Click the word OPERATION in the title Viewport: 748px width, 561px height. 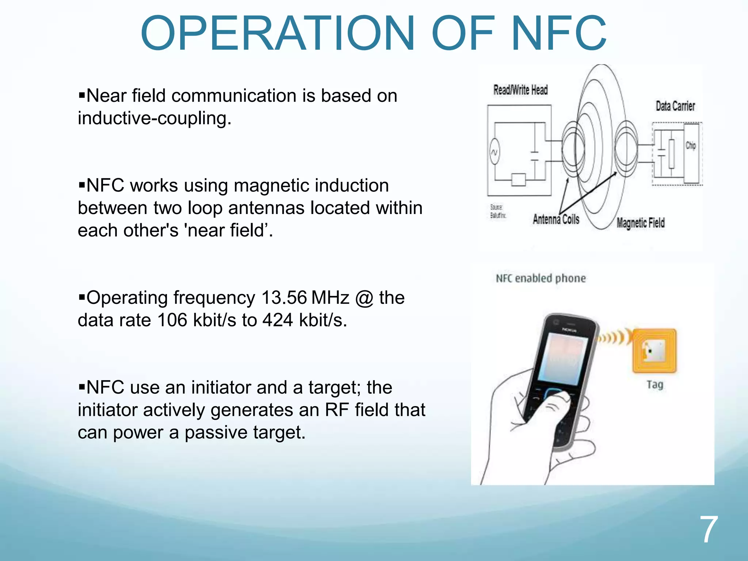tap(278, 34)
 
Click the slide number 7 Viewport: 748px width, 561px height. tap(709, 530)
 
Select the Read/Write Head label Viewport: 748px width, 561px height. tap(520, 90)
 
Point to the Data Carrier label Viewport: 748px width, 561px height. tap(675, 106)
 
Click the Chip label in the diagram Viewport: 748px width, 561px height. tap(690, 145)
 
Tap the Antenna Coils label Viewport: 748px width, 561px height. tap(556, 220)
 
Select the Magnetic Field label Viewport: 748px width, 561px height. tap(641, 223)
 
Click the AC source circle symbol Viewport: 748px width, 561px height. tap(494, 152)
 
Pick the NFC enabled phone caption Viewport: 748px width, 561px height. tap(541, 279)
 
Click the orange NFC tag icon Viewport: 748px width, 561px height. tap(654, 351)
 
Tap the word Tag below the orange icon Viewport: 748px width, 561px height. tap(654, 385)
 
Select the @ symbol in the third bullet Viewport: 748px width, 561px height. tap(364, 298)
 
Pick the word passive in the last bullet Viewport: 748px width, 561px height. tap(215, 433)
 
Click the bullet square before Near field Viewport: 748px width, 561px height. tap(82, 96)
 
